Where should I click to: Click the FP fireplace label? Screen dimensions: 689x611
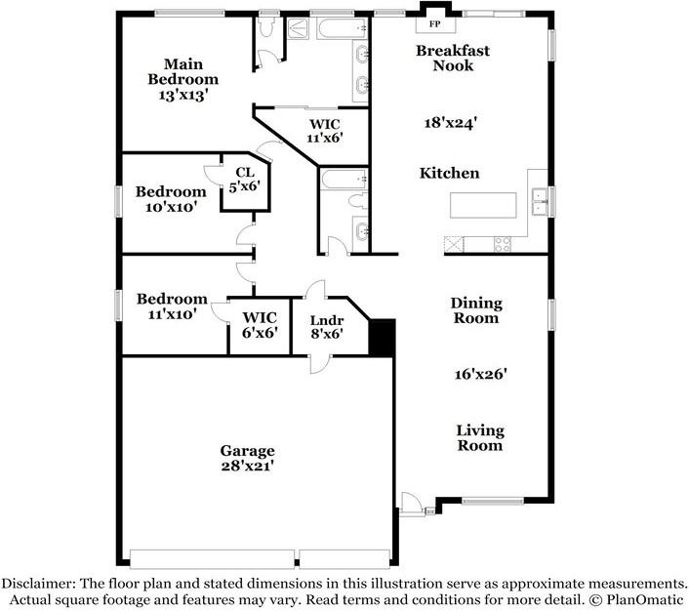click(x=434, y=24)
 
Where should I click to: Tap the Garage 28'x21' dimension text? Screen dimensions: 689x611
click(x=248, y=466)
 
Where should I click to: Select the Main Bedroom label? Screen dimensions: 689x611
click(x=182, y=71)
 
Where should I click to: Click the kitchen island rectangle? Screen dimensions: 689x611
click(x=483, y=205)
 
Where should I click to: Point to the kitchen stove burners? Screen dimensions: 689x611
click(x=503, y=244)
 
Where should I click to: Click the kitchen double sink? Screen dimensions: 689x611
click(x=539, y=201)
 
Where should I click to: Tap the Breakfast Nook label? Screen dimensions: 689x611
click(x=453, y=58)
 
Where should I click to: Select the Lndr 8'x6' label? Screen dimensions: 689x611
click(x=327, y=327)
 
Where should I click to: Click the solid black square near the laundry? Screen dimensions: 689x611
click(x=382, y=337)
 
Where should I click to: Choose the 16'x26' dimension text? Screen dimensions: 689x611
click(x=481, y=374)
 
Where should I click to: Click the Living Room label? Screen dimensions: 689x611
click(x=480, y=438)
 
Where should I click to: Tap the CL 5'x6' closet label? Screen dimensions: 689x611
click(x=245, y=179)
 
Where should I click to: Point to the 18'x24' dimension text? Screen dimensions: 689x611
click(x=451, y=123)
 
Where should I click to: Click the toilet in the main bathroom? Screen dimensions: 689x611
click(x=266, y=26)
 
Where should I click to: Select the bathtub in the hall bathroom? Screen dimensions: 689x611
click(x=344, y=179)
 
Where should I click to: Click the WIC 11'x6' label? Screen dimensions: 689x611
click(x=325, y=131)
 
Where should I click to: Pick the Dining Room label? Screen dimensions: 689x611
click(x=476, y=310)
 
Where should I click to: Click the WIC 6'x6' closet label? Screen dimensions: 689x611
click(x=260, y=325)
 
